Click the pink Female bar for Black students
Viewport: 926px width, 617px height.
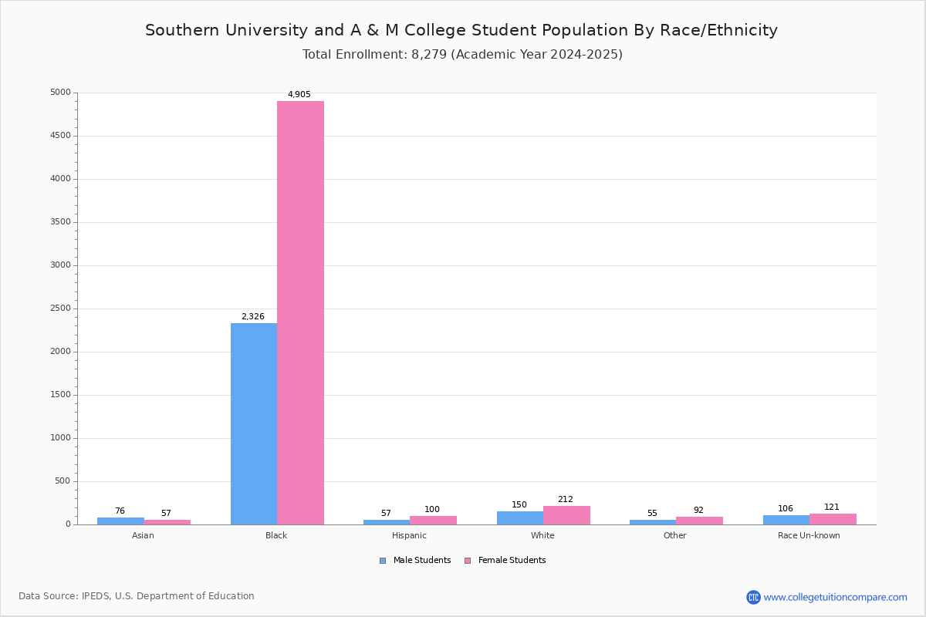(300, 312)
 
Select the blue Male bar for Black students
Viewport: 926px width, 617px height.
(254, 423)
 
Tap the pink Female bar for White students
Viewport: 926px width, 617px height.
(566, 515)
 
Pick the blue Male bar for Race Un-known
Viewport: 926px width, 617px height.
(786, 520)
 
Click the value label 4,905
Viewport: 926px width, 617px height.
(299, 95)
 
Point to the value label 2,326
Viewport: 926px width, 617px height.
(253, 317)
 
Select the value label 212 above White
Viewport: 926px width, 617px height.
(566, 500)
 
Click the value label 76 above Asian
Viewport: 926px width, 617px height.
(120, 511)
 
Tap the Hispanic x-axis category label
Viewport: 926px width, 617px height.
(409, 535)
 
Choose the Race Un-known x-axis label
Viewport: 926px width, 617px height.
(809, 535)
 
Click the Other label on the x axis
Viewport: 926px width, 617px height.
(674, 535)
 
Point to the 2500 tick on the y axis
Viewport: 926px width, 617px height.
(60, 308)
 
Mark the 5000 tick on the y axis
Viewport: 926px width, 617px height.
(60, 93)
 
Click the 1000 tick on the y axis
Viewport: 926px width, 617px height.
(60, 438)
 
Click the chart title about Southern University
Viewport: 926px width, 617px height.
(461, 30)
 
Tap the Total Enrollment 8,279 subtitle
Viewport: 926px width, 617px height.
(462, 55)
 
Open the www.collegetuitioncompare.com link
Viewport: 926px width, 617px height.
(835, 597)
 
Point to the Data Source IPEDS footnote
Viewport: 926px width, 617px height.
(137, 596)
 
